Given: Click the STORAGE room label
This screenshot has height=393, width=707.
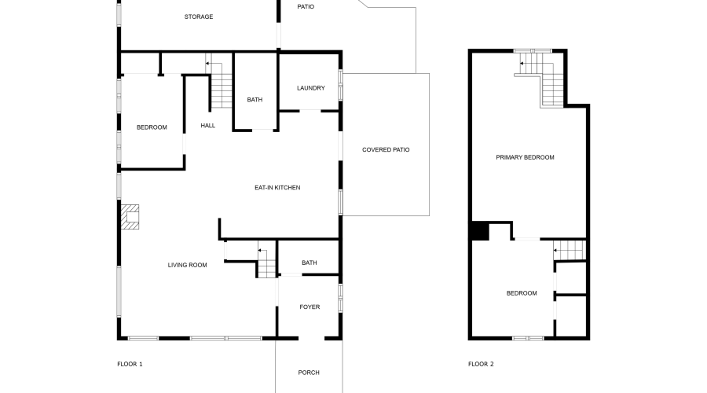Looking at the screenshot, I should click(199, 17).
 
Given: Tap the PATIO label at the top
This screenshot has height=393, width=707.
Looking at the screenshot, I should click(306, 6).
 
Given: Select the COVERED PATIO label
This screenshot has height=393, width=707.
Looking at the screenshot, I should click(386, 149).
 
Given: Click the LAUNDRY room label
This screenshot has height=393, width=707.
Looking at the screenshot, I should click(310, 88).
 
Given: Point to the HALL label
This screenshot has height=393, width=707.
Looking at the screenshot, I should click(207, 126).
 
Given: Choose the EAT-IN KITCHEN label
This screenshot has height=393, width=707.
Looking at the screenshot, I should click(277, 187).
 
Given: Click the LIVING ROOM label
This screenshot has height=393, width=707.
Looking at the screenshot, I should click(187, 265).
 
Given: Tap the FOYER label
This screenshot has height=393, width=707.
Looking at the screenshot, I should click(310, 307).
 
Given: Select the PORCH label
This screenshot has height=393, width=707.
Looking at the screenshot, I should click(309, 373).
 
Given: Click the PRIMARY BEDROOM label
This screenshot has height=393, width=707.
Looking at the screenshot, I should click(525, 157).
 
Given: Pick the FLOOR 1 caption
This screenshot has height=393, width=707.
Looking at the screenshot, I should click(130, 364).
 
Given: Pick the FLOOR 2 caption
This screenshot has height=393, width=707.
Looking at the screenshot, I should click(481, 364).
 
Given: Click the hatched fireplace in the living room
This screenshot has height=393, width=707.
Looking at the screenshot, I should click(130, 217).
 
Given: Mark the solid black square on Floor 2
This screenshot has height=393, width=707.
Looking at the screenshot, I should click(479, 231).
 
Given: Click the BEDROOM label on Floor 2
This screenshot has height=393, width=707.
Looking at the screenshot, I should click(522, 293).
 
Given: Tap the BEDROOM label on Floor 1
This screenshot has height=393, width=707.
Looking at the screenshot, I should click(152, 127).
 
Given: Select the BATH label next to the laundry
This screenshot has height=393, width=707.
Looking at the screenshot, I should click(255, 100).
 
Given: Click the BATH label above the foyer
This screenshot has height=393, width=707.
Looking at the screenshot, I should click(309, 263).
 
